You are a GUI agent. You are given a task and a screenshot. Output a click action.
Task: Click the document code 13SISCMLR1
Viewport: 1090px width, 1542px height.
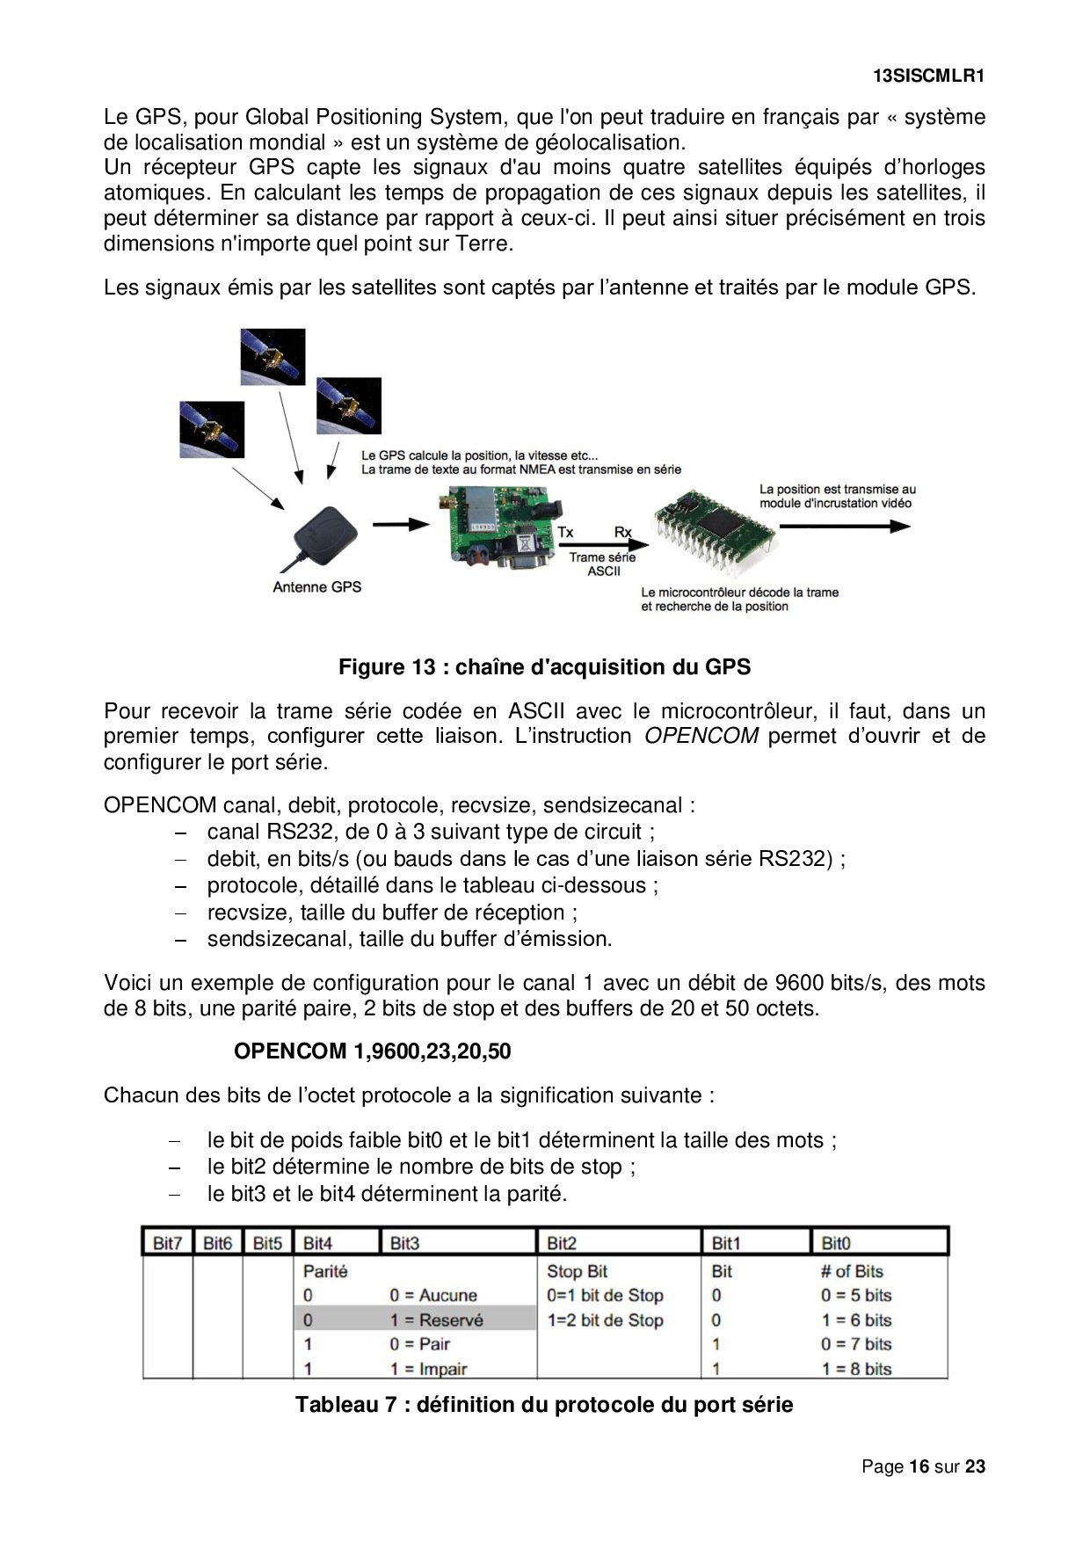pos(928,76)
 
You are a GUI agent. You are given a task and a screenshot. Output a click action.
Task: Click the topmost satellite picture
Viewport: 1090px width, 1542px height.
pos(272,357)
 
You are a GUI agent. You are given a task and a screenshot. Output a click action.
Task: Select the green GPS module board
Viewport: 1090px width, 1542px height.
pos(497,527)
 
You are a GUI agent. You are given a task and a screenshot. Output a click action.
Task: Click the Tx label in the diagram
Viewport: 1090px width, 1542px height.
pos(565,533)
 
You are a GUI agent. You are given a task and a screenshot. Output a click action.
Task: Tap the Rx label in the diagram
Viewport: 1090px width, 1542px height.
pos(622,533)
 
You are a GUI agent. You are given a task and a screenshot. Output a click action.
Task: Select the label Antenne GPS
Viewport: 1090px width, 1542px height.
pos(316,587)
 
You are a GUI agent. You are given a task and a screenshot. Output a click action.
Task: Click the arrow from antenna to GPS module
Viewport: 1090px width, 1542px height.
pos(400,525)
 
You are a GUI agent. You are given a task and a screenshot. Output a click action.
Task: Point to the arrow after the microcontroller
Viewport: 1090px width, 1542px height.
pos(844,527)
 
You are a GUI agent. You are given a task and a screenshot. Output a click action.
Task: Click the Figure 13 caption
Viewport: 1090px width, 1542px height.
pos(544,667)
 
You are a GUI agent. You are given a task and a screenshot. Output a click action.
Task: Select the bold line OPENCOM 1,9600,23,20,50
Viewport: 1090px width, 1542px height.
pos(372,1051)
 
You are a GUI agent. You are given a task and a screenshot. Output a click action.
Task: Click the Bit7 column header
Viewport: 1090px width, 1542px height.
pos(167,1243)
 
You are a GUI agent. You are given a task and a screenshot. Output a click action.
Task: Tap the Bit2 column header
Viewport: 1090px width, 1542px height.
pos(562,1243)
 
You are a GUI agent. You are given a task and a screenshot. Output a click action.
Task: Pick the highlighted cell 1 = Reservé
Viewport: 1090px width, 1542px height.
pos(436,1320)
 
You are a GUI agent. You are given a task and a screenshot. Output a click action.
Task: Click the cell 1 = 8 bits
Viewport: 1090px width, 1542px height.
pos(856,1369)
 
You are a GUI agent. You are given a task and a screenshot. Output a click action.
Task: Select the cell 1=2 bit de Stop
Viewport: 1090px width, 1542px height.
pos(605,1320)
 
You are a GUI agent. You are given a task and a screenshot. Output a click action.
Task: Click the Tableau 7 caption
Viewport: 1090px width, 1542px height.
pos(544,1405)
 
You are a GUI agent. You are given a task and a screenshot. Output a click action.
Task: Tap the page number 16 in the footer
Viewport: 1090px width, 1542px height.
pos(919,1466)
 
